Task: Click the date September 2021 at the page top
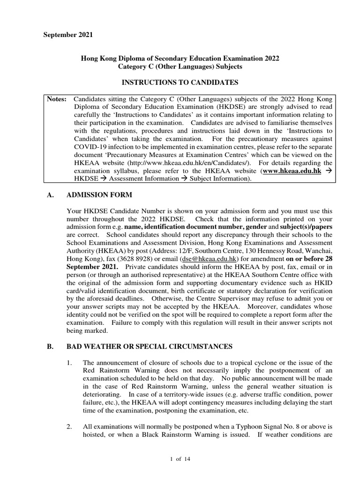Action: coord(68,35)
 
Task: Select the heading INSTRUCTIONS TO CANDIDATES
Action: coord(180,83)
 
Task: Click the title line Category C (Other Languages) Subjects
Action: coord(180,67)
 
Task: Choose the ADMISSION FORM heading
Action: coord(99,195)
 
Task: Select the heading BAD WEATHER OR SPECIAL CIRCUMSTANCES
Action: coord(150,346)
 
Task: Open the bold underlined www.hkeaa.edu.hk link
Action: coord(292,171)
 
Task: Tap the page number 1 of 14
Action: coord(180,459)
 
